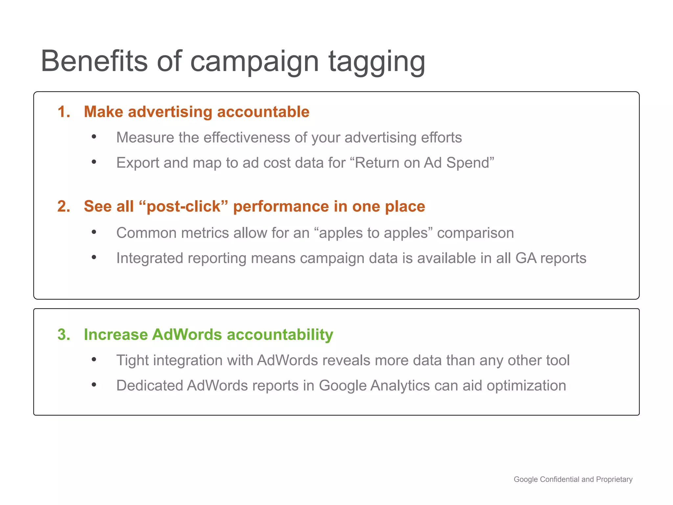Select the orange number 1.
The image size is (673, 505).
64,112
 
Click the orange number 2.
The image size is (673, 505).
64,206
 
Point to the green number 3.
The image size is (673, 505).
64,335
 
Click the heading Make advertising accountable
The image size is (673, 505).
197,112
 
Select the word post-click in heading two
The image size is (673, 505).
183,206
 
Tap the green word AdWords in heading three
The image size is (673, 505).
187,335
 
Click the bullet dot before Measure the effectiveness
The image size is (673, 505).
94,137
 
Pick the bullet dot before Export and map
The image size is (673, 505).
94,162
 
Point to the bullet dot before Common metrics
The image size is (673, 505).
94,232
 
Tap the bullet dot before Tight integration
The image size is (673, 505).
94,359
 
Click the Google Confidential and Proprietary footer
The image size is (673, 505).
573,479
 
